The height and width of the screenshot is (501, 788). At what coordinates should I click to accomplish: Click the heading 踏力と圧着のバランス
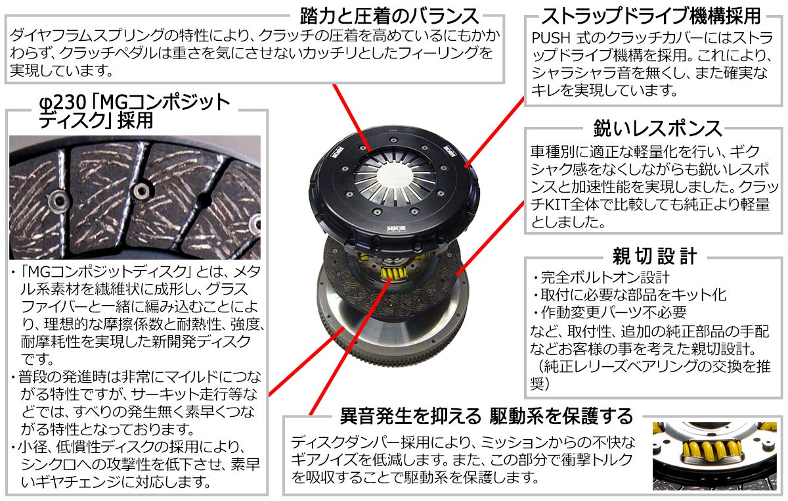point(389,16)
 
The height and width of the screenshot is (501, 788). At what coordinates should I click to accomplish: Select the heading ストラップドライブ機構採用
point(651,16)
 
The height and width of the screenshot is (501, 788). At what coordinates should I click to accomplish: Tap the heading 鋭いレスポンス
point(657,128)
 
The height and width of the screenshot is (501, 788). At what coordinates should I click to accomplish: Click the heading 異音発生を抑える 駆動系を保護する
point(487,416)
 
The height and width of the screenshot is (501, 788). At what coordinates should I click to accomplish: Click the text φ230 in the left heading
point(62,103)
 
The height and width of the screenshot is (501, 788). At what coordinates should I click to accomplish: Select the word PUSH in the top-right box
point(550,38)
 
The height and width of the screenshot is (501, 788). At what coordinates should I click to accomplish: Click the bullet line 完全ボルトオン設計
point(601,277)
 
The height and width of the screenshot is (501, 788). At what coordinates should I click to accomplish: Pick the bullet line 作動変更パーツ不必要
point(609,312)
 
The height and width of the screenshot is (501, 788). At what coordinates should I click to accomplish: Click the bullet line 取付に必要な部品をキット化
point(630,295)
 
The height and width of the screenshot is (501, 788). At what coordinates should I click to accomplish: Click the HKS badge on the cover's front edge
point(397,229)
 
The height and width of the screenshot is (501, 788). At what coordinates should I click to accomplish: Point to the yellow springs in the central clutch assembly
point(393,272)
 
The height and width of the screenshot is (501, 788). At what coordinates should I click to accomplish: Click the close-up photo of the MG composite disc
point(135,197)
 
